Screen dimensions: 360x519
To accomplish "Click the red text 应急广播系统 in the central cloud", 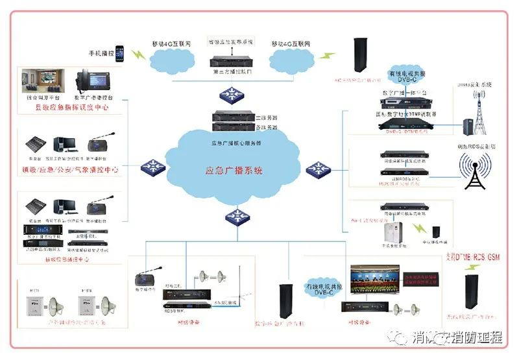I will point(234,171).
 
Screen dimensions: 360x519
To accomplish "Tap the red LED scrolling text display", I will point(420,277).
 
